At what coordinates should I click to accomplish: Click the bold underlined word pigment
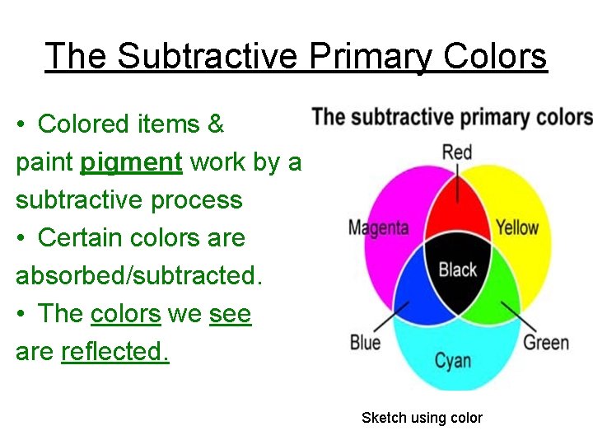pyautogui.click(x=131, y=162)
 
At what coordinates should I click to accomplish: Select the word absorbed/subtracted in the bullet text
pyautogui.click(x=138, y=275)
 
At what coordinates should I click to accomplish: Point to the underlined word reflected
pyautogui.click(x=115, y=352)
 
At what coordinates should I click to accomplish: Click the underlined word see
pyautogui.click(x=230, y=314)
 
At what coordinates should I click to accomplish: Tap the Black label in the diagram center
pyautogui.click(x=457, y=269)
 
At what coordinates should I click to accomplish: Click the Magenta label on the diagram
pyautogui.click(x=378, y=227)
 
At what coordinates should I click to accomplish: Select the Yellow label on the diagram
pyautogui.click(x=517, y=227)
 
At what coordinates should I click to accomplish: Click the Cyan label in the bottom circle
pyautogui.click(x=453, y=359)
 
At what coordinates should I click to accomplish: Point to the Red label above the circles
pyautogui.click(x=457, y=152)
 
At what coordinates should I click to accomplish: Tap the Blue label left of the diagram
pyautogui.click(x=365, y=341)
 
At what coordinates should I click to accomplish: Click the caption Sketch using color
pyautogui.click(x=422, y=418)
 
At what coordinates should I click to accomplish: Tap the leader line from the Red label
pyautogui.click(x=457, y=177)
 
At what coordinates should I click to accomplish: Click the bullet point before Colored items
pyautogui.click(x=21, y=125)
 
